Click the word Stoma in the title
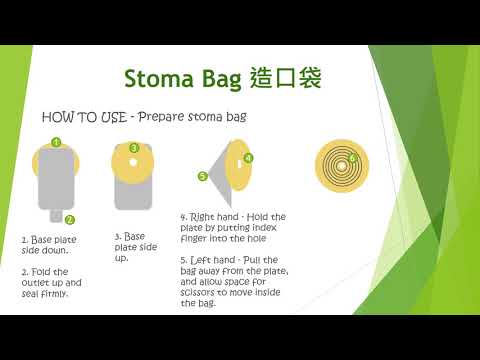click(161, 78)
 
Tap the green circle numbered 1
click(57, 142)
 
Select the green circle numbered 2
click(69, 219)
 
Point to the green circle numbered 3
click(134, 147)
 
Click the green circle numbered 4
click(248, 157)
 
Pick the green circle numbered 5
click(202, 176)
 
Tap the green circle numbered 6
click(351, 158)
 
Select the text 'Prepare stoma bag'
click(192, 116)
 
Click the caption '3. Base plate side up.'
click(132, 247)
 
